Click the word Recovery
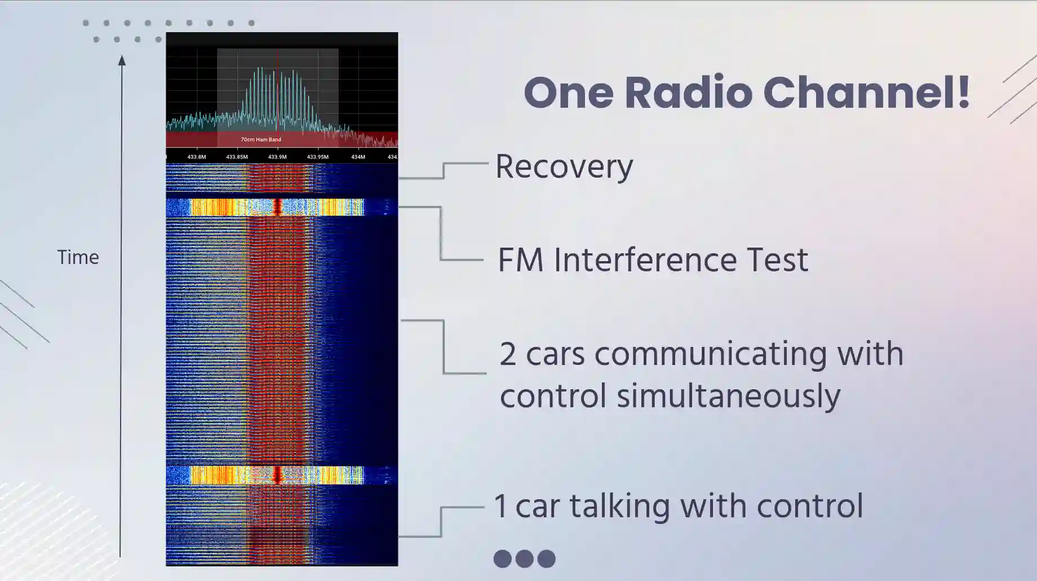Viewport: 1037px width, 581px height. point(564,168)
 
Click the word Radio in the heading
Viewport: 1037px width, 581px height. point(689,93)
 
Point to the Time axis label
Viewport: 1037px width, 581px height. point(78,257)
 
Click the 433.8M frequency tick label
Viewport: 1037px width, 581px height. point(197,157)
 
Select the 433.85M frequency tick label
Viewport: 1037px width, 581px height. point(237,157)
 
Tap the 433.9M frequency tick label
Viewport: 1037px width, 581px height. point(277,157)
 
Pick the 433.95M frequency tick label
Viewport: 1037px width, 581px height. point(318,157)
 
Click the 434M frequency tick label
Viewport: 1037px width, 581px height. point(358,157)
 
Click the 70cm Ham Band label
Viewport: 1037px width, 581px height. point(261,139)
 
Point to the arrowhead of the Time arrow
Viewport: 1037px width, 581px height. point(122,56)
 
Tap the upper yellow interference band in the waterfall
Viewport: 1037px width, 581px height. point(277,207)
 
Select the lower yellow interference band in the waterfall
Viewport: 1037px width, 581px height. point(277,475)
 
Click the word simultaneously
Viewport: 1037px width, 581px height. point(728,396)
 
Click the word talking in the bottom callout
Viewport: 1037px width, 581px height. point(621,506)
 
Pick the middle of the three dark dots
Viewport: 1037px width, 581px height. point(524,558)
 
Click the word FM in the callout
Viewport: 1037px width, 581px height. point(521,260)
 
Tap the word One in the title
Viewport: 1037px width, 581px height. point(569,93)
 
